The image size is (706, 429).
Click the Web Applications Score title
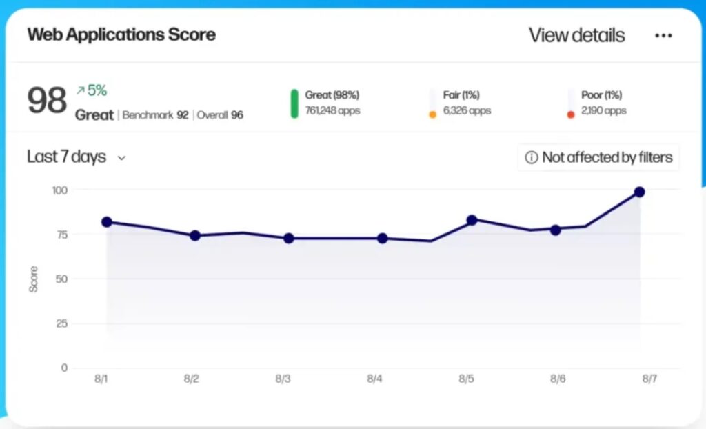tap(121, 34)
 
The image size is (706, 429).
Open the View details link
tap(576, 35)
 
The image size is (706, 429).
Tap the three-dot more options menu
tap(663, 36)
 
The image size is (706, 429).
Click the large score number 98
tap(47, 101)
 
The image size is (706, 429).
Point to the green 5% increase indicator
tap(92, 90)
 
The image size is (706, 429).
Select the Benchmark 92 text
tap(155, 115)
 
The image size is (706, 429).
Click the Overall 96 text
tap(220, 115)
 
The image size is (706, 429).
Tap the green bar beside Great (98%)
tap(294, 103)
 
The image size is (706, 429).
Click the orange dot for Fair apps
tap(432, 114)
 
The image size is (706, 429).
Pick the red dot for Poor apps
tap(571, 114)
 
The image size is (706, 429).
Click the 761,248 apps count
tap(332, 110)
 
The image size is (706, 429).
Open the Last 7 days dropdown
tap(76, 157)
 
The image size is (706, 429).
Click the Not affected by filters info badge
tap(598, 157)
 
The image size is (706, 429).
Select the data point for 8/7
tap(639, 192)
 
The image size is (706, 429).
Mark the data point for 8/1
tap(106, 222)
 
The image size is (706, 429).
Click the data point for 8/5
tap(472, 220)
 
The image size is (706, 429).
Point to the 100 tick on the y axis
tap(60, 190)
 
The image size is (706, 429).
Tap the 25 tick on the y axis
tap(62, 323)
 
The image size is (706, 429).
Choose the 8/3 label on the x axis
tap(283, 379)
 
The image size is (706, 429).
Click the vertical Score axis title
tap(33, 279)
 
